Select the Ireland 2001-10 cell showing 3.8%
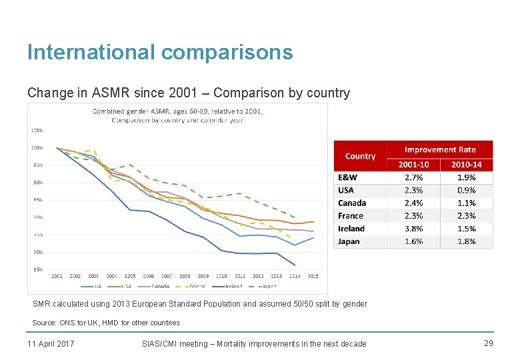tap(413, 229)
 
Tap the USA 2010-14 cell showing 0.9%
tap(466, 190)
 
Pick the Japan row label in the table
tap(349, 241)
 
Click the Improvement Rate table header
tap(440, 149)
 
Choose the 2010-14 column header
tap(466, 165)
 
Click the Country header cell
tap(360, 156)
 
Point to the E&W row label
tap(347, 177)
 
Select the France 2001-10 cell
tap(413, 216)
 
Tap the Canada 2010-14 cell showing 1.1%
tap(466, 203)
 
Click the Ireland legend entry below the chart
tap(231, 287)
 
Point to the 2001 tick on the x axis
tap(57, 276)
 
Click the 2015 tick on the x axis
tap(313, 276)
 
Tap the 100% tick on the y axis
tap(37, 147)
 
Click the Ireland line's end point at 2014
tap(295, 265)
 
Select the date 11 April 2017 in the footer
tap(51, 344)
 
